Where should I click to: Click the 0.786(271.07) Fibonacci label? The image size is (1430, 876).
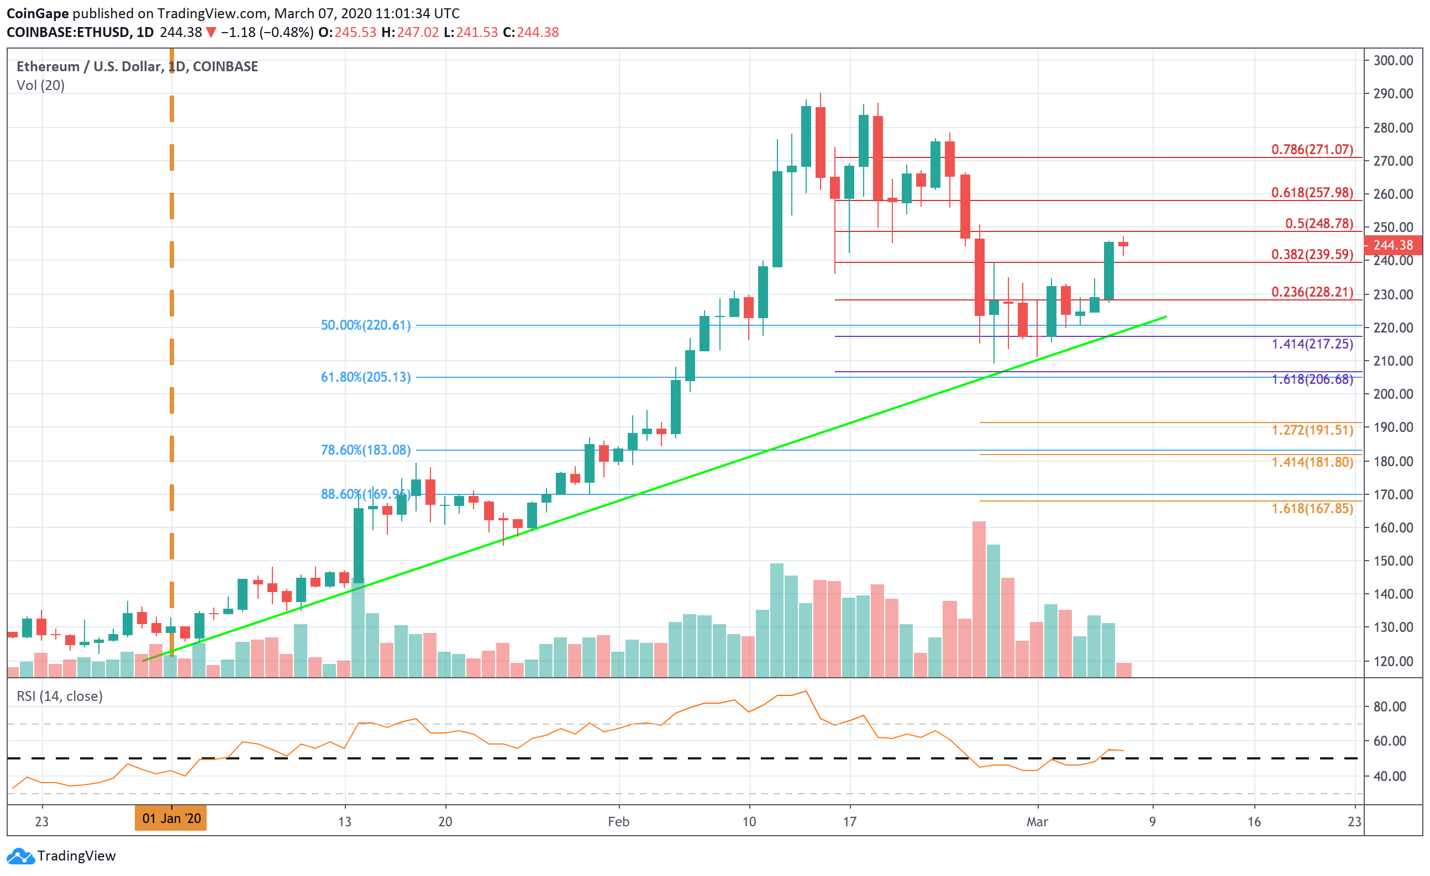[1312, 150]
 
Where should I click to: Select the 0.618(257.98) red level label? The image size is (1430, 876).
[1312, 193]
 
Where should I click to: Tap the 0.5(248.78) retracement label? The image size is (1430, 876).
[1318, 223]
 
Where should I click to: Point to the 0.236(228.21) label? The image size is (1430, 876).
[1312, 292]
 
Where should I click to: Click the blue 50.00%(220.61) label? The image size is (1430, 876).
[366, 325]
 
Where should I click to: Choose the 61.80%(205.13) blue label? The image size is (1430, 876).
[366, 378]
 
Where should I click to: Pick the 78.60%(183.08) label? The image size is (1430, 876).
[366, 450]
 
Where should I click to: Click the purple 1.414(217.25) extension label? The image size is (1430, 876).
[1312, 344]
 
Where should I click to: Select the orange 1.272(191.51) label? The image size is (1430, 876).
[1312, 430]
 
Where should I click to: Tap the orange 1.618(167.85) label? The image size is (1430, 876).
[1312, 509]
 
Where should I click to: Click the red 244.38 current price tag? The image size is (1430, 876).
[1392, 245]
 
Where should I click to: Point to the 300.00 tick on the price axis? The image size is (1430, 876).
[1393, 60]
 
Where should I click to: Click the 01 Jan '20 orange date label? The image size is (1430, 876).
[171, 819]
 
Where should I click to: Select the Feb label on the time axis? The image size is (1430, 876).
[619, 822]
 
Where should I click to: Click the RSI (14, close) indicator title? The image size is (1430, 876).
[60, 696]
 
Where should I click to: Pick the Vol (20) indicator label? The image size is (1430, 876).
[41, 85]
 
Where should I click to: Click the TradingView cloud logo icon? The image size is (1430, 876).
[20, 856]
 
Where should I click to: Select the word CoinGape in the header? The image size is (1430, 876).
[37, 13]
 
